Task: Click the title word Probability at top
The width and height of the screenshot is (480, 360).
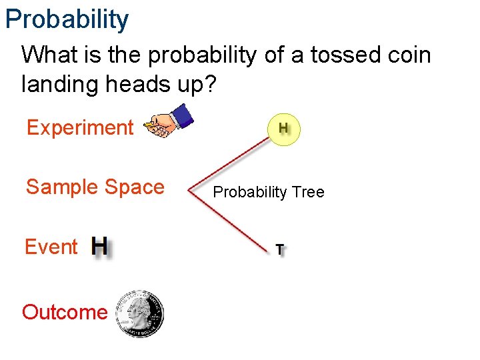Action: coord(67,19)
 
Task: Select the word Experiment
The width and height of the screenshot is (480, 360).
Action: coord(80,127)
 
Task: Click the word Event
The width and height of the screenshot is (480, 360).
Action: coord(51,247)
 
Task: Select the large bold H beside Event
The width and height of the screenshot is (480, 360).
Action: coord(100,247)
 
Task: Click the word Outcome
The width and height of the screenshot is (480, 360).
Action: coord(65,312)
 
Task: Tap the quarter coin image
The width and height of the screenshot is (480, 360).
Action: coord(139,313)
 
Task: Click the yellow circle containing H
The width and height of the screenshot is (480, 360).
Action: coord(284,128)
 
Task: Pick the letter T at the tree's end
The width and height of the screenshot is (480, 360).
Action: coord(281,250)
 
